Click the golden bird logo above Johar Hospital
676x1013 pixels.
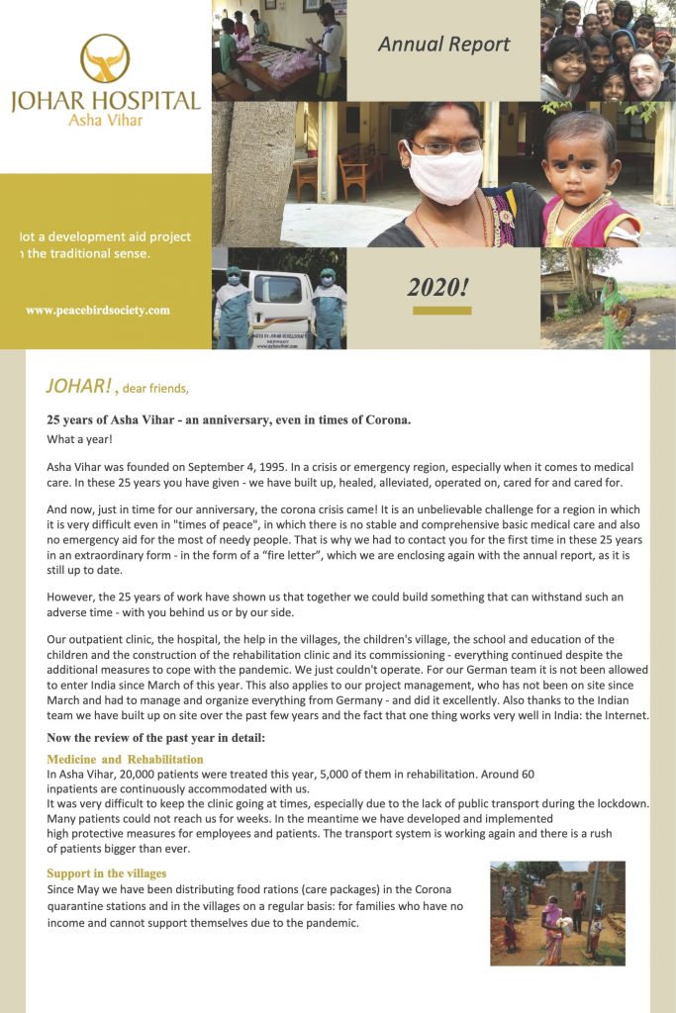[x=105, y=58]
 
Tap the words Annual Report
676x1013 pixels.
[x=444, y=44]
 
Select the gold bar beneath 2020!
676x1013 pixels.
[x=441, y=311]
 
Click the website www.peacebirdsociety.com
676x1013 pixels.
[x=98, y=310]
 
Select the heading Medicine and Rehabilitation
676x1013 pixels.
[x=125, y=759]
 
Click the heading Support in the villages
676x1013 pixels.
[x=106, y=874]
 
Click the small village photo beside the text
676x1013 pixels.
[x=557, y=912]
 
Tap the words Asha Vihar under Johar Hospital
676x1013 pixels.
[x=105, y=120]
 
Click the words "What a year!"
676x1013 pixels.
[x=79, y=438]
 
